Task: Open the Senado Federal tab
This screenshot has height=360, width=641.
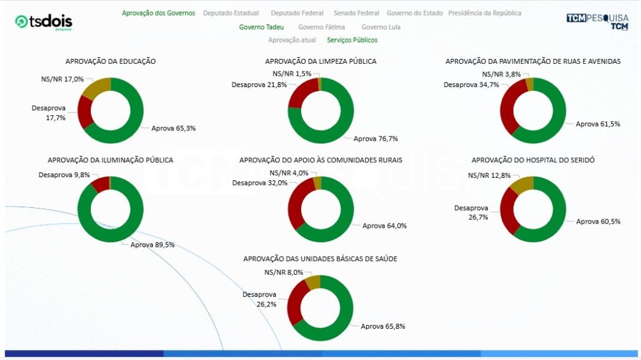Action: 356,13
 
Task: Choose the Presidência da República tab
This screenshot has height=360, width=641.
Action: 485,13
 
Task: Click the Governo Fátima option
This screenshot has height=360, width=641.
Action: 321,27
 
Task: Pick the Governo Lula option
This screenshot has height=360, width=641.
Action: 381,27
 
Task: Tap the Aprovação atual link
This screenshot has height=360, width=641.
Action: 292,40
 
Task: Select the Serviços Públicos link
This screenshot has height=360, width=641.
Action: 352,40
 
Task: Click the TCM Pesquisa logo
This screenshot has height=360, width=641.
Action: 597,21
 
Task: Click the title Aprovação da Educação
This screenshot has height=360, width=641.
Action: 111,61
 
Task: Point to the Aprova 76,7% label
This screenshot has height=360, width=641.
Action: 376,139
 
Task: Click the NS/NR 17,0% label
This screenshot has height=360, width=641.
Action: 61,80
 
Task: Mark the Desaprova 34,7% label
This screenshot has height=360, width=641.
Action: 471,85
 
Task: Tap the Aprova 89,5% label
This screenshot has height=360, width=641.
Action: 152,245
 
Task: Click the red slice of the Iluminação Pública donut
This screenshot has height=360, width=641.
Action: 100,184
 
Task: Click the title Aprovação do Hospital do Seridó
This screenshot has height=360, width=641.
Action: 533,160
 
